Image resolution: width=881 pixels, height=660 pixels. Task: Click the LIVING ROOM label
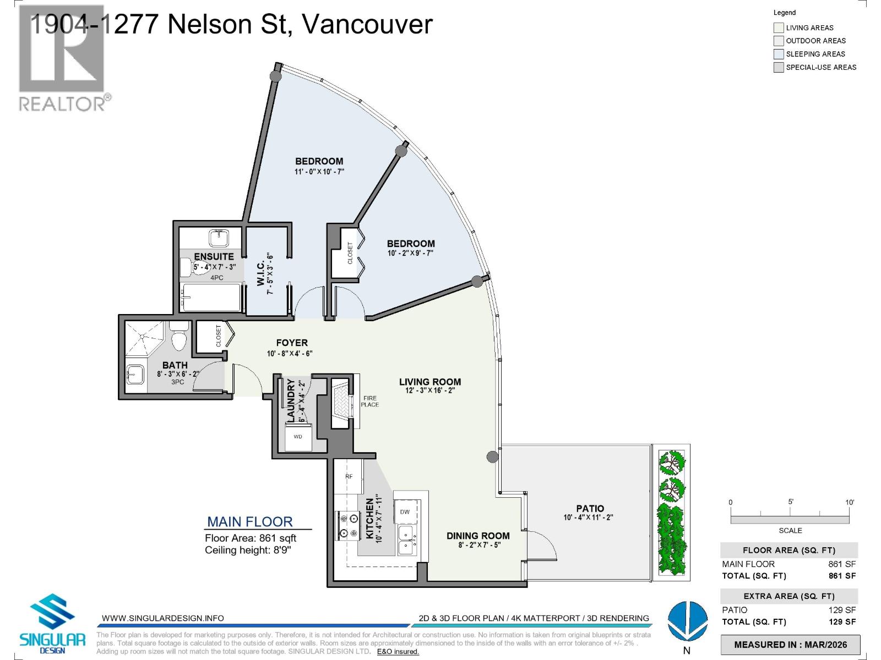(429, 382)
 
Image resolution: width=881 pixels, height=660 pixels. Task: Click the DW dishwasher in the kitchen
(405, 512)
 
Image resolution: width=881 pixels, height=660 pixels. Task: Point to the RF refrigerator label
(349, 476)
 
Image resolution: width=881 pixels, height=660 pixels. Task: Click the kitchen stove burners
(346, 525)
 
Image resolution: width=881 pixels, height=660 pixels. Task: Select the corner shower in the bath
(144, 339)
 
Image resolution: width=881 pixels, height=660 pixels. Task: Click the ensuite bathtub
(211, 297)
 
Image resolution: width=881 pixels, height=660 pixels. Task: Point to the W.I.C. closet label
(261, 273)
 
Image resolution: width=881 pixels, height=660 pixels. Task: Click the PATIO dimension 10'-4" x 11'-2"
(588, 518)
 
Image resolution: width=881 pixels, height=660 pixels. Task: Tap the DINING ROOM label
(478, 536)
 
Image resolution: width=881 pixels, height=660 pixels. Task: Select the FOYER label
(292, 343)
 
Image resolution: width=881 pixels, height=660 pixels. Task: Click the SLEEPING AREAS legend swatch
(779, 54)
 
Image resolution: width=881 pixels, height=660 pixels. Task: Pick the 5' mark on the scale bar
(790, 502)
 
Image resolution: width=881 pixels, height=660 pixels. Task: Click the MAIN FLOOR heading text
(249, 521)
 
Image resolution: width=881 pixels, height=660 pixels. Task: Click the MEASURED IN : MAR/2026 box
(790, 645)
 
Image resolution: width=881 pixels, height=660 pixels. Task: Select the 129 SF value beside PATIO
(842, 609)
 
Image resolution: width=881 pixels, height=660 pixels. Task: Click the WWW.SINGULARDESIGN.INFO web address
(163, 618)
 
